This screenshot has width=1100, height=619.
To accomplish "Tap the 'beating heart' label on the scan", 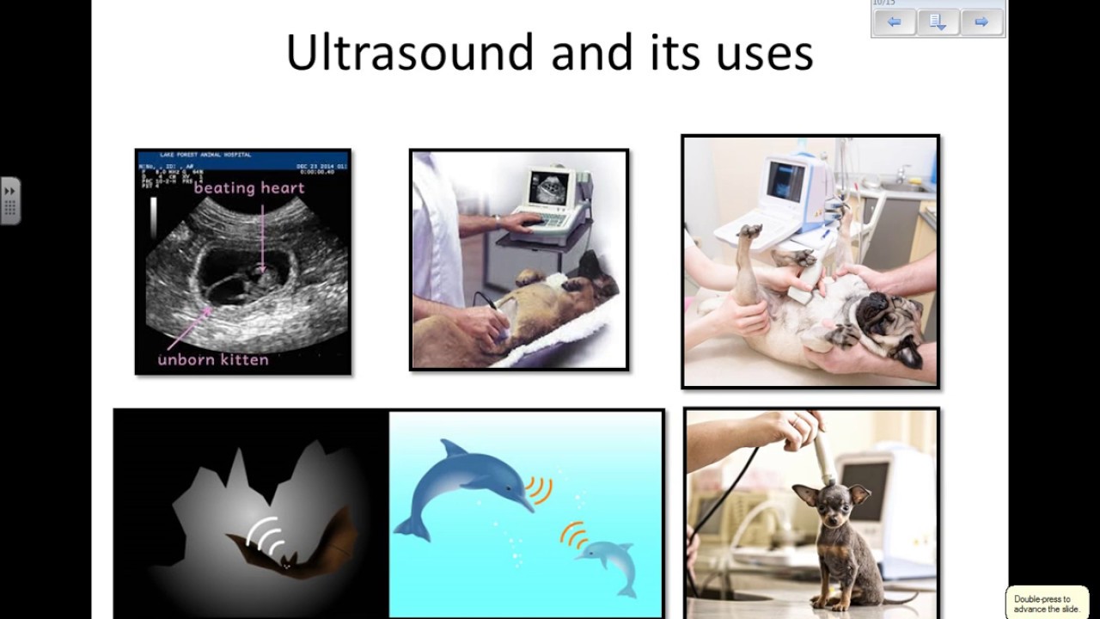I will [x=249, y=187].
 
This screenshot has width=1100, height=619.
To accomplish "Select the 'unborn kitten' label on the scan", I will [x=213, y=359].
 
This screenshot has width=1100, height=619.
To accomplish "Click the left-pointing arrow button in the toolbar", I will [x=894, y=22].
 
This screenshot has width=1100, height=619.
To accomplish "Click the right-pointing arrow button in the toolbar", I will [x=981, y=22].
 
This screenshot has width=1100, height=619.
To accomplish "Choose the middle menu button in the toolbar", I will [x=938, y=22].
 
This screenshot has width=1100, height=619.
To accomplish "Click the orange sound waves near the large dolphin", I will [x=540, y=489].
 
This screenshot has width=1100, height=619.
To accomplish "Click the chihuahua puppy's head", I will [x=821, y=506].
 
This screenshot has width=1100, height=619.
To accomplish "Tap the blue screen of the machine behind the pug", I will [x=785, y=180].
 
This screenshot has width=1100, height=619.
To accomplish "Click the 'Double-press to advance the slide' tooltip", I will [x=1047, y=603].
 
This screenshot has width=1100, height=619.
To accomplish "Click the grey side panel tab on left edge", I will [x=10, y=201].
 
